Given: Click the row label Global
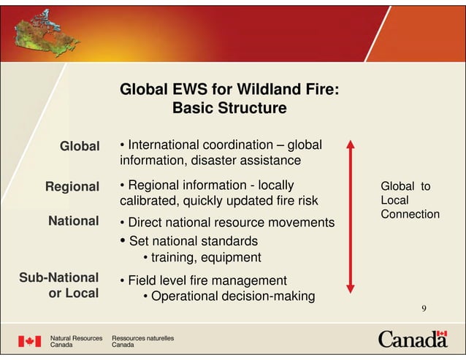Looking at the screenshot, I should click(79, 147).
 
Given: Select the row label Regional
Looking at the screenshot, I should click(72, 187).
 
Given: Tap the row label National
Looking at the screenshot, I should click(73, 221).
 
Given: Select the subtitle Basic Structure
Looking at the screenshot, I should click(229, 109).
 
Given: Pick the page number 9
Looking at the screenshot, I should click(423, 309).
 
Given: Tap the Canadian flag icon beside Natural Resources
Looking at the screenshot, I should click(29, 341).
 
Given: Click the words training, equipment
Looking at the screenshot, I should click(206, 257).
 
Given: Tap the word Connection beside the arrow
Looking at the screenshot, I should click(410, 214).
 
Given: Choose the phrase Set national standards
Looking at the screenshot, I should click(193, 240).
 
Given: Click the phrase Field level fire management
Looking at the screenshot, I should click(207, 280).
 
